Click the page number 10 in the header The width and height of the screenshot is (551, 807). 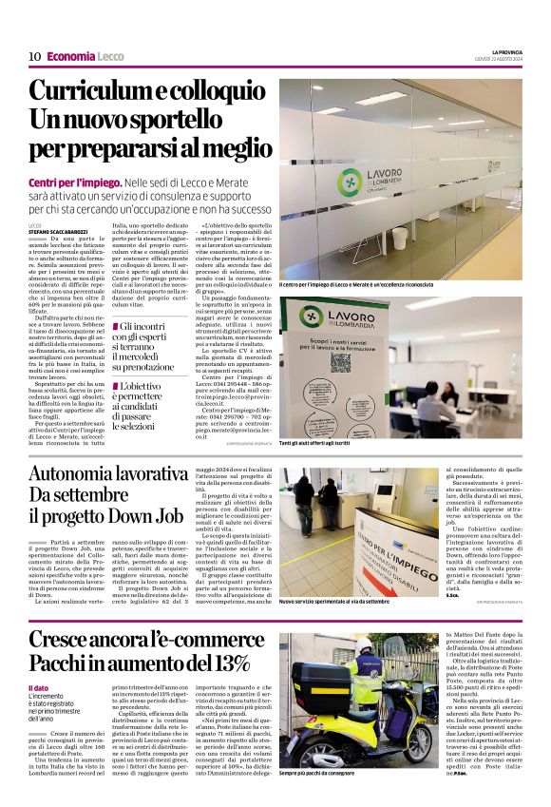[x=34, y=57]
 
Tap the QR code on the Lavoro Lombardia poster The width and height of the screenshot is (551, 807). [x=342, y=360]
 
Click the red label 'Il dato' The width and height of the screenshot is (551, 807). [x=38, y=687]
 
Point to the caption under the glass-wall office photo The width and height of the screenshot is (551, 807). [x=356, y=283]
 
